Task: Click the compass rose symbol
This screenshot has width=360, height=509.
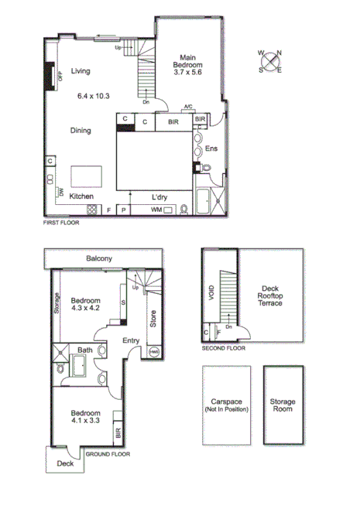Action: pyautogui.click(x=271, y=61)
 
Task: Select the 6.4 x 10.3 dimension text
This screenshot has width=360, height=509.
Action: pyautogui.click(x=94, y=96)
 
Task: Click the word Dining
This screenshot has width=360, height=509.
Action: pyautogui.click(x=81, y=131)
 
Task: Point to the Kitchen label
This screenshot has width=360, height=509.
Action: pyautogui.click(x=81, y=196)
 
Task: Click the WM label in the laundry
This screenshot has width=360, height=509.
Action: pyautogui.click(x=156, y=210)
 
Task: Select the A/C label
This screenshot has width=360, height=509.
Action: pyautogui.click(x=188, y=108)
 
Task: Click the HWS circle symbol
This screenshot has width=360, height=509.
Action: pyautogui.click(x=153, y=353)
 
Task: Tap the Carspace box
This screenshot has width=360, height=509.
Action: pyautogui.click(x=227, y=405)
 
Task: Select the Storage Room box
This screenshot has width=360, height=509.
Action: pyautogui.click(x=282, y=405)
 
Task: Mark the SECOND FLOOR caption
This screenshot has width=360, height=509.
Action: pyautogui.click(x=223, y=349)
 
